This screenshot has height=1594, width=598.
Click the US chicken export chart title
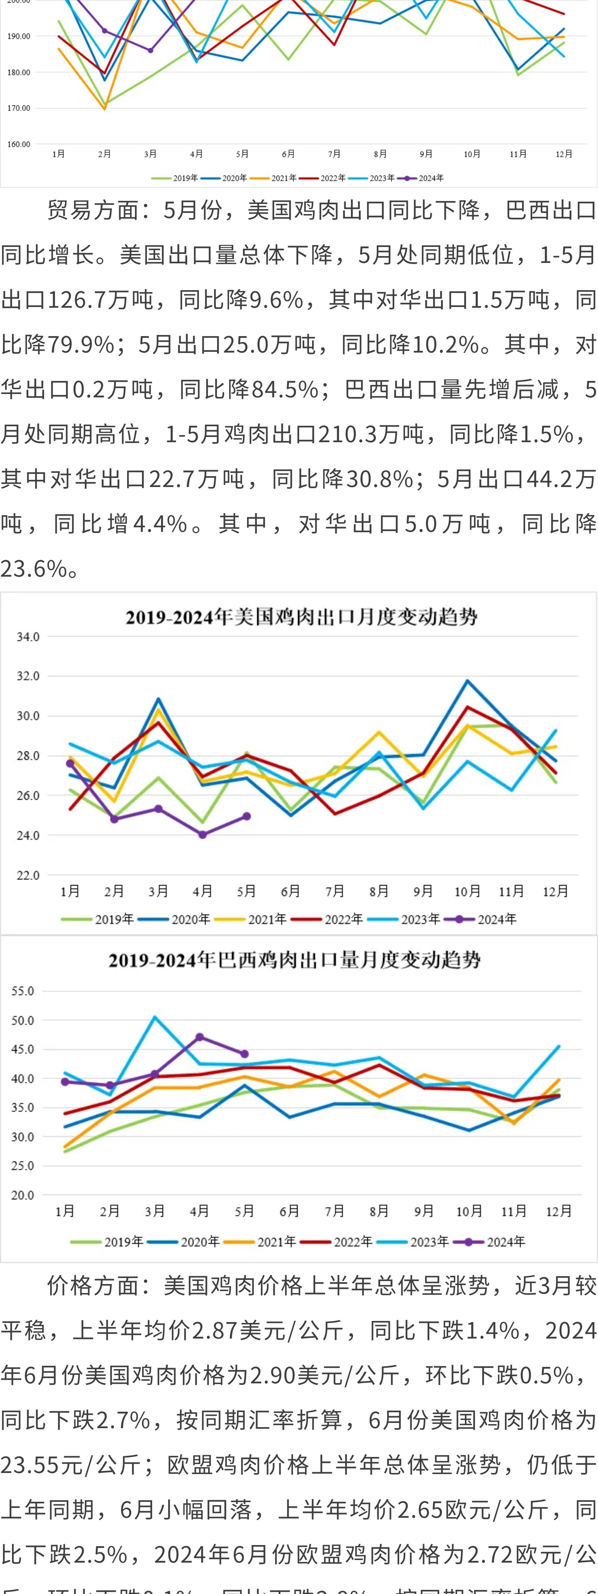tap(302, 617)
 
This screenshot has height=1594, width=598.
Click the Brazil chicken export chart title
tap(295, 960)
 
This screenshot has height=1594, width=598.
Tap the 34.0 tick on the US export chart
tap(28, 637)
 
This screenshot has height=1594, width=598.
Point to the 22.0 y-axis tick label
tap(28, 875)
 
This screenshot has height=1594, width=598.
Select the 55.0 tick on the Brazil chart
tap(23, 991)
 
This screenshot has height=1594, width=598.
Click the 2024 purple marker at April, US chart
tap(203, 835)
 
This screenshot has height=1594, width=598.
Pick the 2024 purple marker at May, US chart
tap(246, 816)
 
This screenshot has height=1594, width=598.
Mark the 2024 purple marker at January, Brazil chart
tap(65, 1082)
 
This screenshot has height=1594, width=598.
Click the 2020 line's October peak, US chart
tap(468, 681)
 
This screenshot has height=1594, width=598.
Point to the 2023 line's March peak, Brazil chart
tap(155, 1017)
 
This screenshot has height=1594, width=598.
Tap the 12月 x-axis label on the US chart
tap(555, 891)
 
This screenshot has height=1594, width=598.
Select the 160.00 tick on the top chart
tap(19, 144)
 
